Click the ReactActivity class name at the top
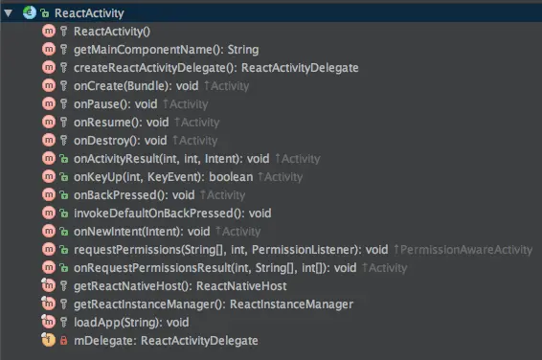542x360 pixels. coord(88,11)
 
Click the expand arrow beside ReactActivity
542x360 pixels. coord(8,11)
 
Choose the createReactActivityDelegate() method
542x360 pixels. coord(215,67)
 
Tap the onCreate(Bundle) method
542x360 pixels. coord(135,85)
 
